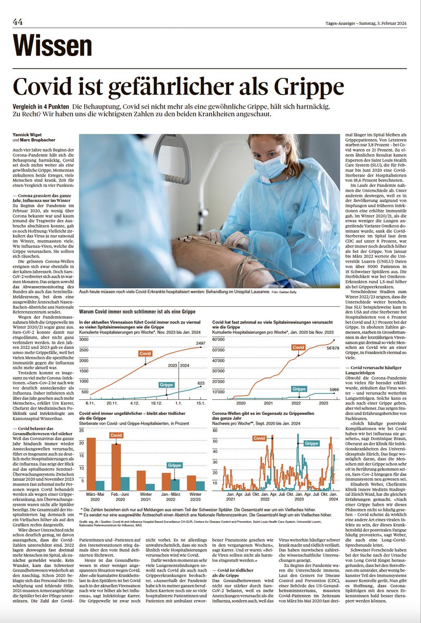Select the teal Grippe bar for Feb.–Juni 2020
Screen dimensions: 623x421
[x=125, y=483]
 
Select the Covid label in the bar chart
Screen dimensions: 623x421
[x=116, y=436]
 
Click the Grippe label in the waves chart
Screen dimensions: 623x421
[x=311, y=443]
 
